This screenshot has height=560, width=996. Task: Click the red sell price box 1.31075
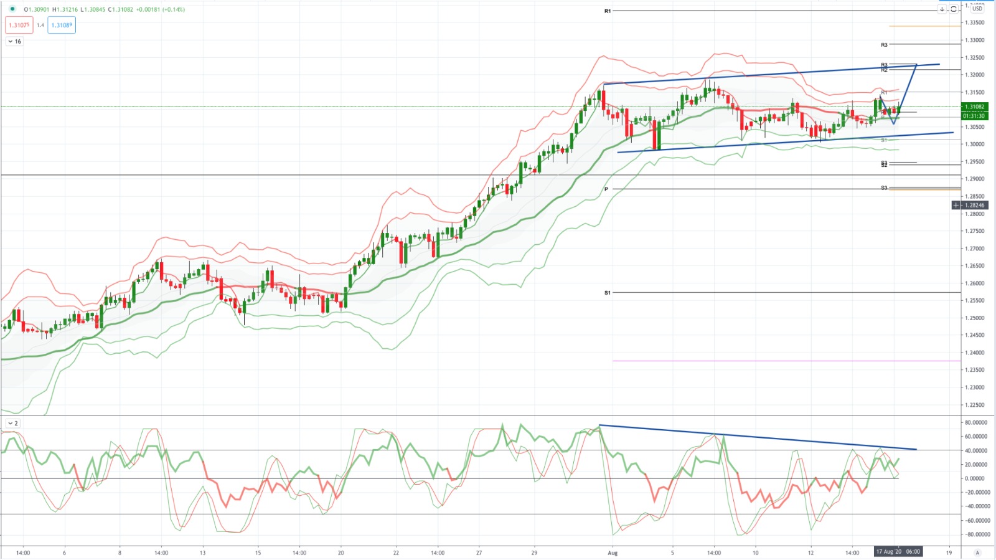(x=19, y=26)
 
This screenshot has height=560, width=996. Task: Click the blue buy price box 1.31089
(x=62, y=26)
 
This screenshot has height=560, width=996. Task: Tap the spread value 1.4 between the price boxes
(x=40, y=26)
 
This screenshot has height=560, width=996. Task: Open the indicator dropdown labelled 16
(x=14, y=42)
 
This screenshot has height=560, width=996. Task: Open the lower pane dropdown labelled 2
(x=12, y=424)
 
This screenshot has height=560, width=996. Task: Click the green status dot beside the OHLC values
(x=12, y=9)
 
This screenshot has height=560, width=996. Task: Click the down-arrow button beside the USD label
(x=942, y=9)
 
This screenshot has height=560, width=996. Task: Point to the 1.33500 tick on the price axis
(x=975, y=22)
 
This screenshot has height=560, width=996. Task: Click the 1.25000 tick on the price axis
(x=975, y=318)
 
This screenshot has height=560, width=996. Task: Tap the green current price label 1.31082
(x=975, y=107)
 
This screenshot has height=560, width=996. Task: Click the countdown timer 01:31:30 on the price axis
(x=974, y=116)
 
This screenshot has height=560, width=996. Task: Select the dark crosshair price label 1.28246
(x=974, y=205)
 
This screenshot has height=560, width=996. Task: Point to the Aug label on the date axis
(x=613, y=553)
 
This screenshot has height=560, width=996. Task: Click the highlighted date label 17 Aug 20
(x=889, y=552)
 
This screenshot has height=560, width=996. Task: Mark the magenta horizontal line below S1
(x=747, y=361)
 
